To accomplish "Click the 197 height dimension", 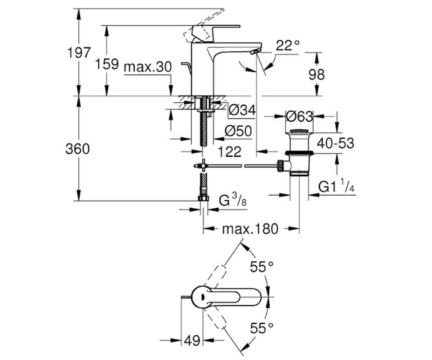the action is click(x=79, y=53).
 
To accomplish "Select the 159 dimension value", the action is click(x=107, y=64).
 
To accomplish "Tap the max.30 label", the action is click(x=148, y=67).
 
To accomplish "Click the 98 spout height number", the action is click(x=316, y=75).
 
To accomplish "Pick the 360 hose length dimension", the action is click(x=77, y=149).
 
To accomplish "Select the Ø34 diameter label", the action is click(x=242, y=110).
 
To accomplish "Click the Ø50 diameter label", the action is click(x=238, y=131).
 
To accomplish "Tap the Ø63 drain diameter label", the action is click(x=299, y=117).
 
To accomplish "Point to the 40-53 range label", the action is click(x=336, y=143).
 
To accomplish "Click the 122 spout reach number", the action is click(x=230, y=152).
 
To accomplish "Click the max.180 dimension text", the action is click(x=250, y=229).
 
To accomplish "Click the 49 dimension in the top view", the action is click(x=192, y=340).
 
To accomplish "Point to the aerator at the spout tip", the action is click(x=256, y=51).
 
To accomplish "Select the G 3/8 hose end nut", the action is click(x=203, y=198).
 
